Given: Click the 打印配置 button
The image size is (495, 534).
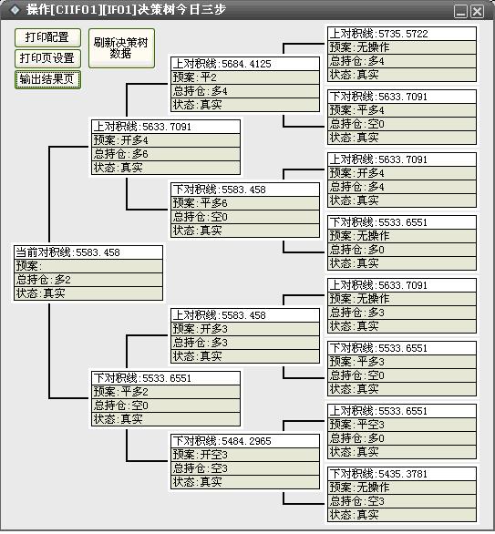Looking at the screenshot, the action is pyautogui.click(x=47, y=37).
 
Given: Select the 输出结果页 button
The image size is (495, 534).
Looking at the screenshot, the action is pyautogui.click(x=47, y=79).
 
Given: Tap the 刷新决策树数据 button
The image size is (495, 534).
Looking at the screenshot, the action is pyautogui.click(x=121, y=48).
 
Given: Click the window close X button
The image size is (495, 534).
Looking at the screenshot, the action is pyautogui.click(x=477, y=12).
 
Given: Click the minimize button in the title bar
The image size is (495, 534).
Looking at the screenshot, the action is pyautogui.click(x=460, y=12).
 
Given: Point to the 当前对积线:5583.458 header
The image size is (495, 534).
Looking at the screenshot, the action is pyautogui.click(x=88, y=252).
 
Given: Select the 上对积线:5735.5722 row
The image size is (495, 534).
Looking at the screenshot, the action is pyautogui.click(x=402, y=34).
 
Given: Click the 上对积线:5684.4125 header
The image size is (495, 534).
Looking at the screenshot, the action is pyautogui.click(x=245, y=64).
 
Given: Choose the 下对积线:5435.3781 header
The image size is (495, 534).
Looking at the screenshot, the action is pyautogui.click(x=402, y=474).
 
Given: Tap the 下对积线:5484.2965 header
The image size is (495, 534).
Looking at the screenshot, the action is pyautogui.click(x=245, y=441).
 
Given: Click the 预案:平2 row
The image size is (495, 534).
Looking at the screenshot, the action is pyautogui.click(x=245, y=77).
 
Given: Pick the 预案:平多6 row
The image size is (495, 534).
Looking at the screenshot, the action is pyautogui.click(x=245, y=203).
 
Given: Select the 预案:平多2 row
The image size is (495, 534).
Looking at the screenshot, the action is pyautogui.click(x=166, y=392).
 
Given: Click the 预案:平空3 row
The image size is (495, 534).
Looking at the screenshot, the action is pyautogui.click(x=402, y=425).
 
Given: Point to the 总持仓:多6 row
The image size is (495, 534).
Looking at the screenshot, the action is pyautogui.click(x=166, y=154).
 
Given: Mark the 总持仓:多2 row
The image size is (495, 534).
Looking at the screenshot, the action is pyautogui.click(x=88, y=280).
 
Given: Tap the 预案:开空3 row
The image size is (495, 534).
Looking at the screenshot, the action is pyautogui.click(x=245, y=455).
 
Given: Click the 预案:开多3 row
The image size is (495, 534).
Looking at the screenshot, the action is pyautogui.click(x=245, y=329).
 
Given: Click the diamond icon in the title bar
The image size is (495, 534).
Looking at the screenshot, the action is pyautogui.click(x=15, y=10).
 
